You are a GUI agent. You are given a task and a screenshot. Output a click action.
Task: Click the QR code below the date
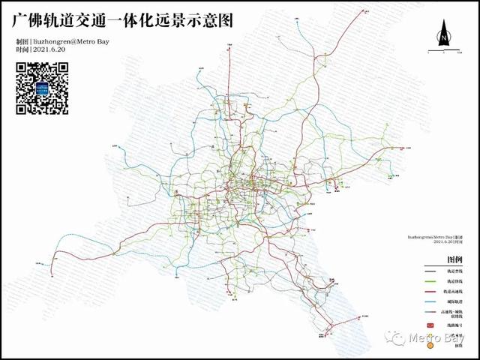[42, 88]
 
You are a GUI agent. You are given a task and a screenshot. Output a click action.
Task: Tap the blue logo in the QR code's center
[42, 88]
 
